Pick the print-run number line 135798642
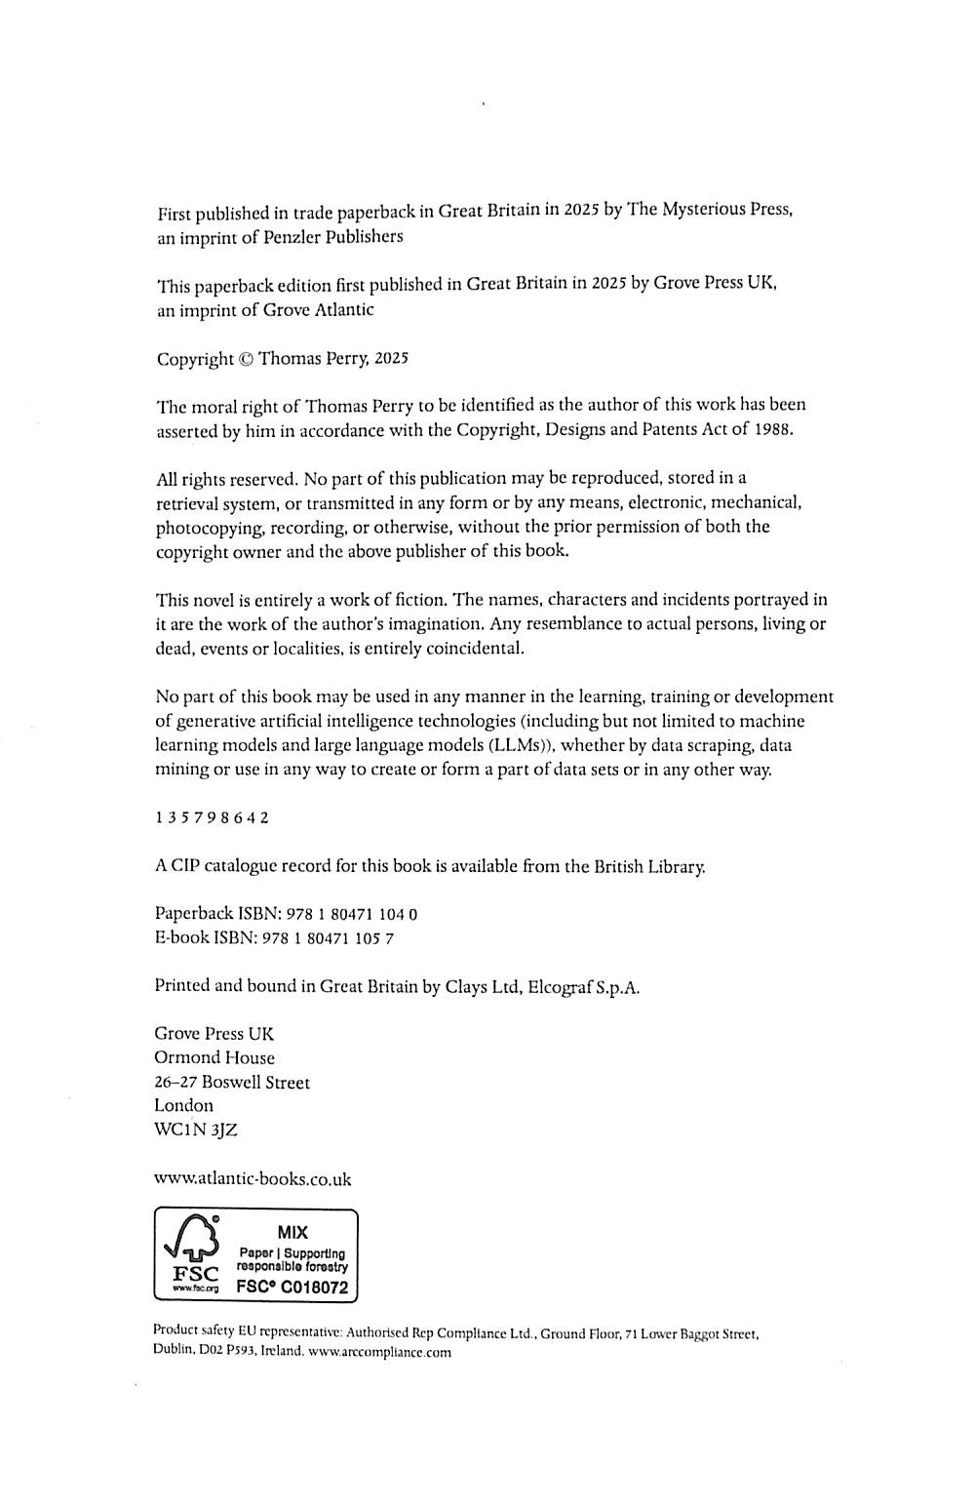213,817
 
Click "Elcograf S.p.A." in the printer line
583,986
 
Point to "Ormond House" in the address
214,1057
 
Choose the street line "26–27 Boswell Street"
232,1082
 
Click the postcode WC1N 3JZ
196,1130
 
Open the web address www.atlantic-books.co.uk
253,1178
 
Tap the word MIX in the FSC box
292,1232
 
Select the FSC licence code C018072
312,1287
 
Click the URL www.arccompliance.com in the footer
379,1352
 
